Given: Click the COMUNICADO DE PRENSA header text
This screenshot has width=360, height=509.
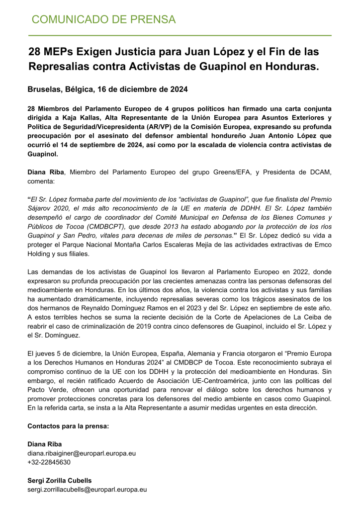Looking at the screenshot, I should (103, 20).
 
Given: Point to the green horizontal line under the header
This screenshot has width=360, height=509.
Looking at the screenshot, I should (180, 36).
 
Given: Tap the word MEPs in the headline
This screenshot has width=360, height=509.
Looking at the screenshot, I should (62, 51).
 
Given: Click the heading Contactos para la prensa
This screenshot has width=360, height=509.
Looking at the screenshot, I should (68, 426).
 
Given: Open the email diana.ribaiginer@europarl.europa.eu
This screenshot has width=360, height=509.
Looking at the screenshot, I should (82, 453).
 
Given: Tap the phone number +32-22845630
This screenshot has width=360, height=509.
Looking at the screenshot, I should (49, 462).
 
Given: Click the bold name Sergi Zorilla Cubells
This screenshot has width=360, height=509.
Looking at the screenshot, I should (60, 481).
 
